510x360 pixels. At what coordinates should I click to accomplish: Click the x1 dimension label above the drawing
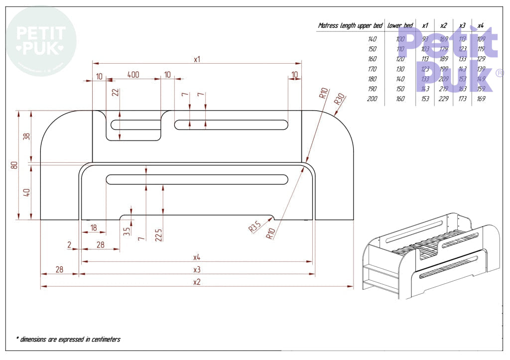pyautogui.click(x=197, y=59)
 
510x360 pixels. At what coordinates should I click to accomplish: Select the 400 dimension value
pyautogui.click(x=133, y=75)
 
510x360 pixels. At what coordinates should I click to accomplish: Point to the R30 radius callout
pyautogui.click(x=339, y=99)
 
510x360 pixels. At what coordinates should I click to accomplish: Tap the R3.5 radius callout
pyautogui.click(x=255, y=228)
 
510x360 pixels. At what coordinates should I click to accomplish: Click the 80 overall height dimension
pyautogui.click(x=14, y=165)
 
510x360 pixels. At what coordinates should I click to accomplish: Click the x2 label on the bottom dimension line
pyautogui.click(x=197, y=282)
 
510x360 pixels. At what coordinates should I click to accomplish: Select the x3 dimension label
pyautogui.click(x=197, y=269)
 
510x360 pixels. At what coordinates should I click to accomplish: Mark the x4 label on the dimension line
pyautogui.click(x=197, y=257)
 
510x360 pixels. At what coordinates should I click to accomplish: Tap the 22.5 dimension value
pyautogui.click(x=158, y=235)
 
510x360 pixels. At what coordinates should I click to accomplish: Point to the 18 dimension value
pyautogui.click(x=93, y=228)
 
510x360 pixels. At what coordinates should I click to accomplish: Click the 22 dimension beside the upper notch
pyautogui.click(x=115, y=93)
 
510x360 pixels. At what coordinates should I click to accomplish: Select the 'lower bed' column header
pyautogui.click(x=400, y=25)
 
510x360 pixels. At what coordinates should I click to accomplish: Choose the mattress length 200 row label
pyautogui.click(x=372, y=99)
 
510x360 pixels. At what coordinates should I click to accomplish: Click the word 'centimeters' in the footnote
pyautogui.click(x=104, y=340)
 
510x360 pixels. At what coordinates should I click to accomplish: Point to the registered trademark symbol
pyautogui.click(x=499, y=73)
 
